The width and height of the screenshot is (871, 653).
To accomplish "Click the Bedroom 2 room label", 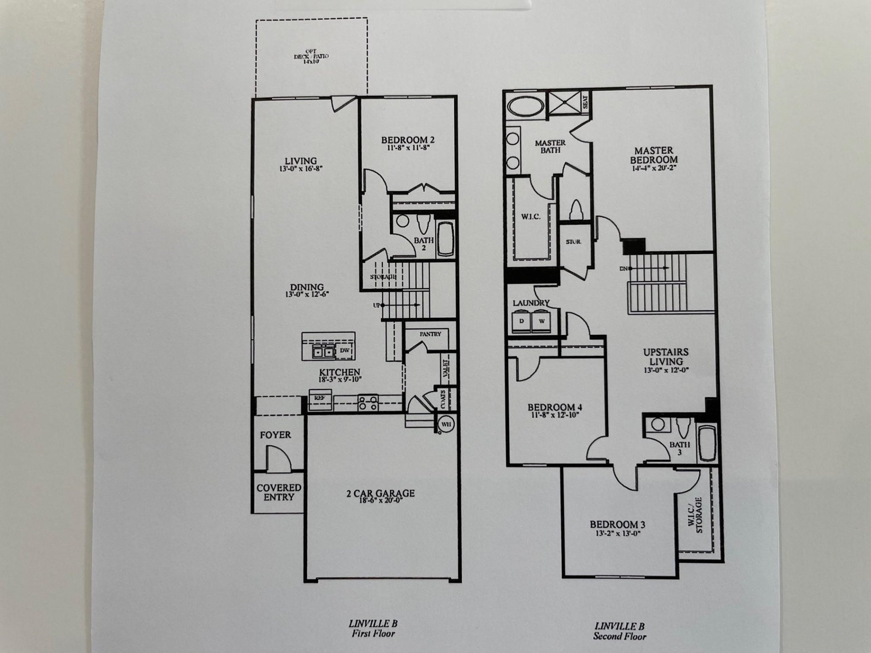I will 407,140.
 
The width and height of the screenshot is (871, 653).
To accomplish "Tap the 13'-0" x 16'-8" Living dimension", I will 301,169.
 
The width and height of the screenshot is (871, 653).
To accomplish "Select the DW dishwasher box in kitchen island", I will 345,351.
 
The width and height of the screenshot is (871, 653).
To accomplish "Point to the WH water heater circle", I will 446,424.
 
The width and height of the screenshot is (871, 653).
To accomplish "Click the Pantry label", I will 430,334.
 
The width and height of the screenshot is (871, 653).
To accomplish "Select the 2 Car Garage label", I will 380,493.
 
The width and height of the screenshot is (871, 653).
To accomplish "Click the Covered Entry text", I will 279,492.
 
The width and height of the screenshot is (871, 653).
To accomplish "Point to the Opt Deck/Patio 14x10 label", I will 311,57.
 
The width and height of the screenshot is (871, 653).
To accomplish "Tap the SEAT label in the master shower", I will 585,102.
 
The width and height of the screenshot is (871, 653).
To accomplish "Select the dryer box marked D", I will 522,321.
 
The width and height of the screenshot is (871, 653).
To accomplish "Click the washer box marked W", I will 541,321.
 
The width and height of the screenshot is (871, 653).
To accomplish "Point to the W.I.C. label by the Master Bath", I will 530,217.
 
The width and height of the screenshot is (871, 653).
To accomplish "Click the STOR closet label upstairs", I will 573,242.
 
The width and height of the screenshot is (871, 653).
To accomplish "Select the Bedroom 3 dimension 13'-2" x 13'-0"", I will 617,533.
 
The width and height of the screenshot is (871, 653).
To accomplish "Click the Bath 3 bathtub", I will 707,443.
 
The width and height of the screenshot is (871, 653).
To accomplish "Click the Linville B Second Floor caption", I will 619,631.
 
